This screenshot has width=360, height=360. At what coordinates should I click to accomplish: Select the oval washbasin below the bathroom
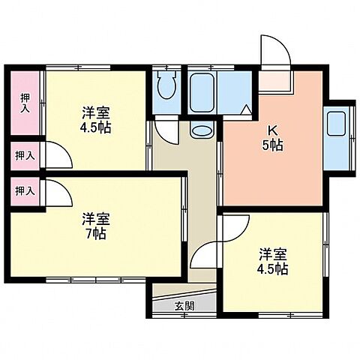pyautogui.click(x=201, y=130)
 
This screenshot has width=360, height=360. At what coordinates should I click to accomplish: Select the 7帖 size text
pyautogui.click(x=97, y=233)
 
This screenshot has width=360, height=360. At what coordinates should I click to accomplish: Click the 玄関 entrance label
pyautogui.click(x=184, y=305)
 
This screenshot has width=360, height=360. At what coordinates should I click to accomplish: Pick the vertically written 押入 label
pyautogui.click(x=25, y=103)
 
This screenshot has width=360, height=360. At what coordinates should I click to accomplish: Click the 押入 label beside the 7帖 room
pyautogui.click(x=25, y=190)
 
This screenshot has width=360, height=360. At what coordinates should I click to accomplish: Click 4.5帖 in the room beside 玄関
pyautogui.click(x=274, y=268)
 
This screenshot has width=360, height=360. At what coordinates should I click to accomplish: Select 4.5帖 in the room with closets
pyautogui.click(x=97, y=127)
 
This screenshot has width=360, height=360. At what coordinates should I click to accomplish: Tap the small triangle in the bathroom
pyautogui.click(x=245, y=110)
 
